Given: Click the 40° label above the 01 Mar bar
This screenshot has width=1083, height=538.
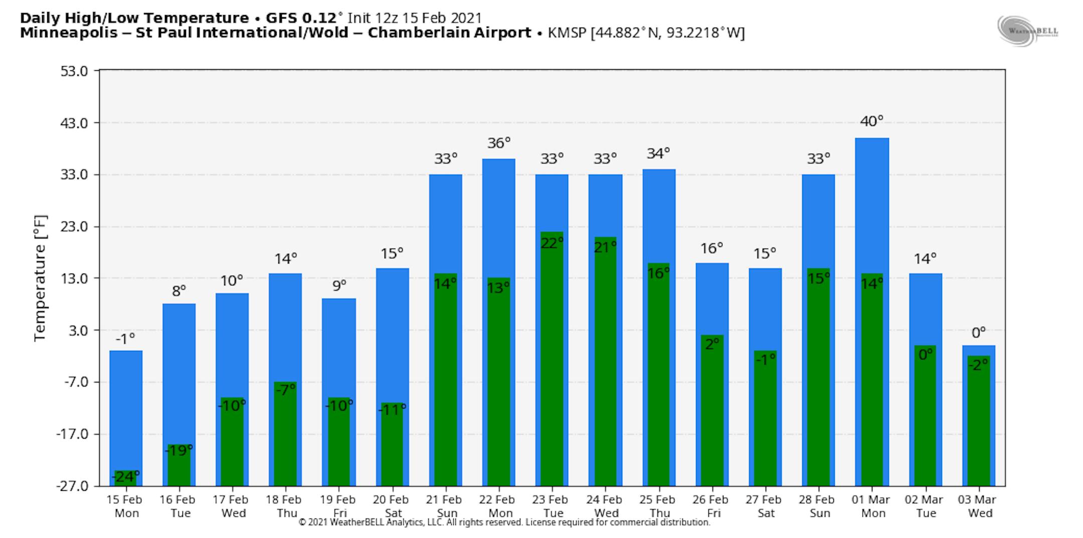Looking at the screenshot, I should [x=871, y=121].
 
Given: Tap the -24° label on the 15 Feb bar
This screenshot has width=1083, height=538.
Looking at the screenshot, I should [x=125, y=476].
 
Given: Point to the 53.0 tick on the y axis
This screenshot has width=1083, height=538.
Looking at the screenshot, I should [x=74, y=71].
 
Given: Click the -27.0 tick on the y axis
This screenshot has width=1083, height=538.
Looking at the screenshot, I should [x=72, y=486].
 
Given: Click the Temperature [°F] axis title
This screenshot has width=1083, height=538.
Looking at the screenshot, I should [x=40, y=279].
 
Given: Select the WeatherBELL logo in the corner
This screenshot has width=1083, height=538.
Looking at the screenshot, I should [x=1027, y=31].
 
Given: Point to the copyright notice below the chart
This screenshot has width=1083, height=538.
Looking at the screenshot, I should [x=504, y=522].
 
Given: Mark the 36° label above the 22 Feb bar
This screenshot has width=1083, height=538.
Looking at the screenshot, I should [x=498, y=144].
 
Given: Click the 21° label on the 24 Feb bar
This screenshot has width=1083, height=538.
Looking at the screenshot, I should [x=605, y=247].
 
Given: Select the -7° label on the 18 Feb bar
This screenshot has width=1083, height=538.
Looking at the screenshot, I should [x=285, y=389].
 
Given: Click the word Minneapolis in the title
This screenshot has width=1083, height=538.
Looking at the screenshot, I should [x=69, y=33].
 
